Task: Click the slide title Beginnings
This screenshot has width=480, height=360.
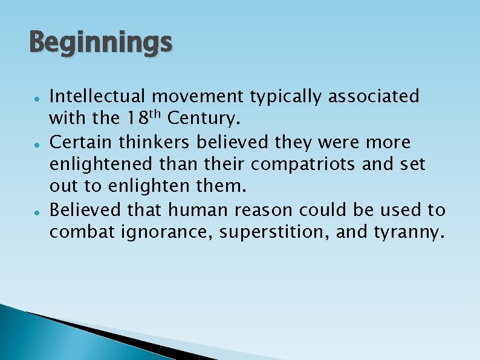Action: tap(100, 44)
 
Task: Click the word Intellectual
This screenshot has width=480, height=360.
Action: tap(97, 96)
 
